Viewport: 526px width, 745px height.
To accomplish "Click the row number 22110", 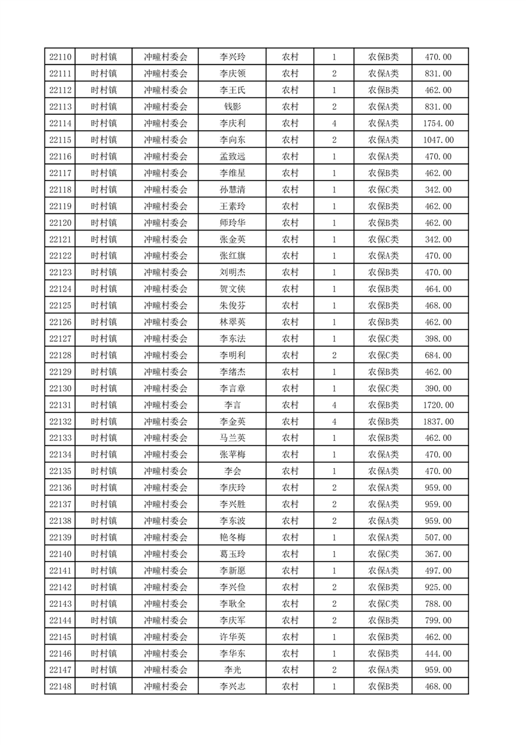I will [60, 57].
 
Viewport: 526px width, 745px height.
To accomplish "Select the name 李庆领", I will [232, 74].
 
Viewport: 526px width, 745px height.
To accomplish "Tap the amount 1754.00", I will [438, 124].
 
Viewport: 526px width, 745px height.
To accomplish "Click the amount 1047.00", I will [438, 140].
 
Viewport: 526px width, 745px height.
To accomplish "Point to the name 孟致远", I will [232, 157].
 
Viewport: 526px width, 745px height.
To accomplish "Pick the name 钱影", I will [232, 107].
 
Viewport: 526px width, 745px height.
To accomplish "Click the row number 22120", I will [60, 223].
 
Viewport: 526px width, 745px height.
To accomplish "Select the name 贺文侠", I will [232, 289].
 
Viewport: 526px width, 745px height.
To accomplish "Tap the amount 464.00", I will [438, 289].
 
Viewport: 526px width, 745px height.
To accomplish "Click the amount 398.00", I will [438, 339].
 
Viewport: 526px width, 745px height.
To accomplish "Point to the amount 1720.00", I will [438, 405].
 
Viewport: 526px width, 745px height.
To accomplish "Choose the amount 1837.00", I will [438, 422].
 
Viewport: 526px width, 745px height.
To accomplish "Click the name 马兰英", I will [232, 438].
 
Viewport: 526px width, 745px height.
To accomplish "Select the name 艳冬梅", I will [232, 537].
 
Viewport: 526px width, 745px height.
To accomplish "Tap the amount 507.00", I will [438, 537].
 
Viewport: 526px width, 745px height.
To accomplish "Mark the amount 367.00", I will [438, 554].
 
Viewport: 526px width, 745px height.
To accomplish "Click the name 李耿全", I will [232, 604].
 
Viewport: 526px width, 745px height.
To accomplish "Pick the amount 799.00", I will [438, 620].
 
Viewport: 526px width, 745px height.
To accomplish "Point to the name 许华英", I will [232, 637].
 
